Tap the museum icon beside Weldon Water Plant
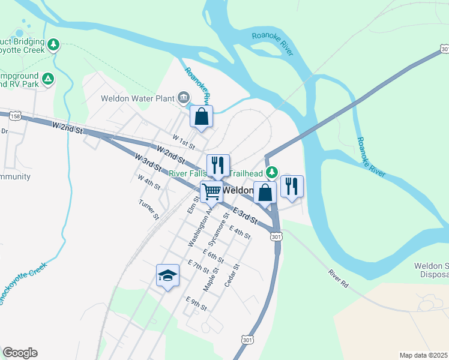click(x=184, y=98)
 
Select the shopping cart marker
click(x=211, y=192)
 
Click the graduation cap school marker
click(x=168, y=275)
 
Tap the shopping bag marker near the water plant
click(x=202, y=116)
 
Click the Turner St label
click(x=148, y=209)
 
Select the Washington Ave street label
click(x=200, y=227)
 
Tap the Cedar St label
click(x=232, y=275)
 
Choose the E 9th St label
click(x=196, y=304)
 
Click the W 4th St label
click(x=149, y=182)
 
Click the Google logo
click(x=20, y=353)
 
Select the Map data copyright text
click(x=423, y=355)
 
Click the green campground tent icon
click(x=48, y=78)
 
